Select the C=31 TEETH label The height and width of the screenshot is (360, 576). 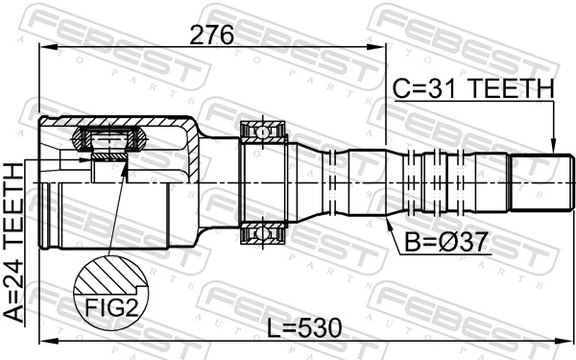(473, 88)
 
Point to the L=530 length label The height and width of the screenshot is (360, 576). (304, 327)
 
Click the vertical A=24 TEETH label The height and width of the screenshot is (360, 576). (15, 244)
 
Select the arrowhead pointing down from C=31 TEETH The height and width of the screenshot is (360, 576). (553, 145)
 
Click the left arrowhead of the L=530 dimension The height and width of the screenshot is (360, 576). (43, 341)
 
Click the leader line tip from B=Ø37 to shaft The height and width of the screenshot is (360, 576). (386, 217)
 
